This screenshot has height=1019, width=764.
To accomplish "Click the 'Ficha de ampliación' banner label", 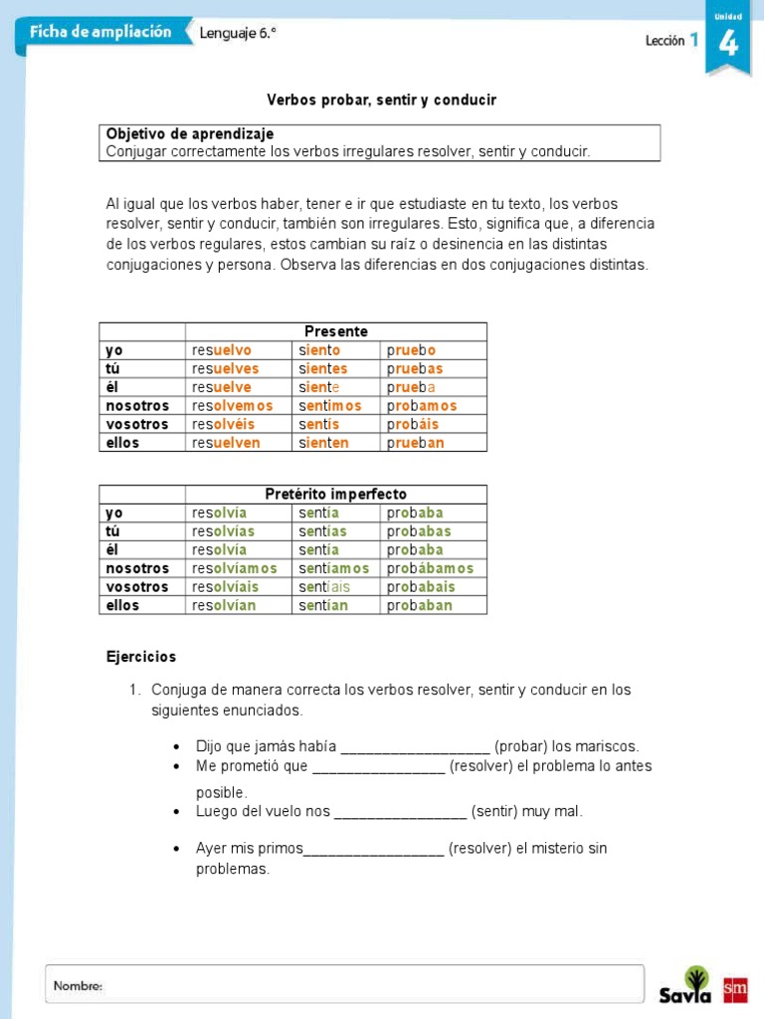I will click(99, 32).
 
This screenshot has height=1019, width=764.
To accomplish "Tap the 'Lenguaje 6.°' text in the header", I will click(238, 33).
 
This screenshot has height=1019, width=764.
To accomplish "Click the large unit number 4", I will click(727, 44).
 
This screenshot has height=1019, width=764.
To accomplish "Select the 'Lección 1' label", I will click(671, 41).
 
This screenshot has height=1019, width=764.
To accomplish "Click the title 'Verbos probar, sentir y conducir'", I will click(381, 101).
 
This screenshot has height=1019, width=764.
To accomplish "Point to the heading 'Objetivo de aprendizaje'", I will click(189, 133).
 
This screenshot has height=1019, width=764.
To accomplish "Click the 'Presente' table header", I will click(336, 331).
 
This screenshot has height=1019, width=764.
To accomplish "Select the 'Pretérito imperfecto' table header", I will click(336, 495).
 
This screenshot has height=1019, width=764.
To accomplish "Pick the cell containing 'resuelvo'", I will click(222, 350).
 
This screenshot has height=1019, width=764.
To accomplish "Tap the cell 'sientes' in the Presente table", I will click(323, 368).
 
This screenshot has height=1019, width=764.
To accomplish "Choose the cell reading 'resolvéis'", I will click(224, 424).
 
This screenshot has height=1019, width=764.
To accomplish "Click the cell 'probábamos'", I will click(430, 568).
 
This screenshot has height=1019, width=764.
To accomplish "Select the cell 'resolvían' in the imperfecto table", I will click(224, 605).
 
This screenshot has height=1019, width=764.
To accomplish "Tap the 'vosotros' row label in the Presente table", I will click(137, 424).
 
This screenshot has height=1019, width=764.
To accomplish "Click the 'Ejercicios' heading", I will click(141, 657).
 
